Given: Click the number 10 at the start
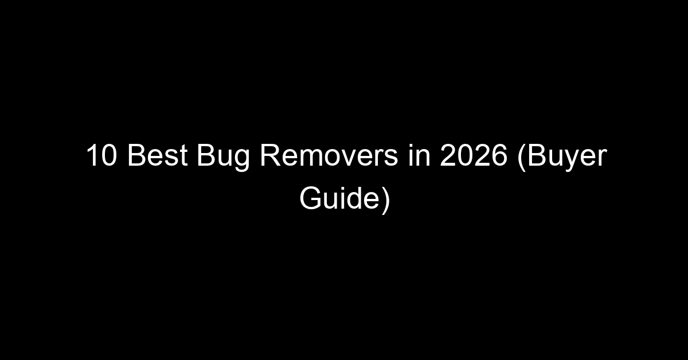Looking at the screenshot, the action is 101,155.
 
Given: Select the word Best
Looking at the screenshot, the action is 157,155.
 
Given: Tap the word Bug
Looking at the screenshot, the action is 223,157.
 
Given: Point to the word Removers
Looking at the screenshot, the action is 329,155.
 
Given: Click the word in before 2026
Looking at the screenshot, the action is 419,155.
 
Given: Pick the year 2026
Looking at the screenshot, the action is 474,155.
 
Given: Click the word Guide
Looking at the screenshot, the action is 339,198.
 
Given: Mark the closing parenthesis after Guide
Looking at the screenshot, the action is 386,201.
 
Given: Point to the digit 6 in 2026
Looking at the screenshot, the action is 499,155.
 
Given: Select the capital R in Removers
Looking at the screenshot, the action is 271,155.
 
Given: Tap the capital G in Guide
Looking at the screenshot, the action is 310,198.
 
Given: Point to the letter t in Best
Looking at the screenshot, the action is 183,156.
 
